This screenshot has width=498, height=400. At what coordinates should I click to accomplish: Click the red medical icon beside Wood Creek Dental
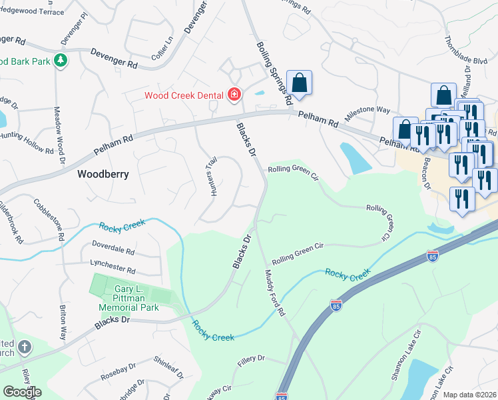click(234, 95)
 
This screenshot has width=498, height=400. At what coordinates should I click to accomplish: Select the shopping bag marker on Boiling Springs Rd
click(300, 83)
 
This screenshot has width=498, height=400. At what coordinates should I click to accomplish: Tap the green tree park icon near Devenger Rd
click(61, 61)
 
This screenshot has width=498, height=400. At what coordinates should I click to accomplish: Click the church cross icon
click(24, 347)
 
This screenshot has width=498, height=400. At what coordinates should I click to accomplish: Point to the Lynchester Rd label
click(108, 271)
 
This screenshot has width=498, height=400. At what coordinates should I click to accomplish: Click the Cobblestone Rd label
click(48, 219)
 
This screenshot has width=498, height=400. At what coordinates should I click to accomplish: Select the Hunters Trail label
click(212, 177)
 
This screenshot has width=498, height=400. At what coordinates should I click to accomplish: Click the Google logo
click(22, 392)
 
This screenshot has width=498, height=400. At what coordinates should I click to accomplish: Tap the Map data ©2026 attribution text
click(470, 395)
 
